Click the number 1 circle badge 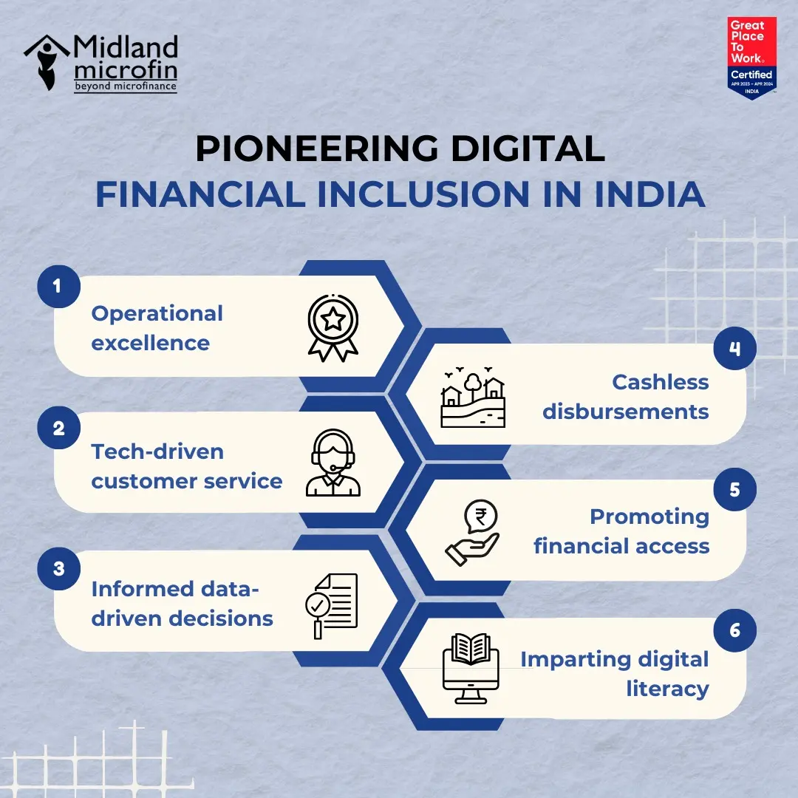[58, 286]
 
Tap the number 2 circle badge [58, 429]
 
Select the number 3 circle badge [58, 569]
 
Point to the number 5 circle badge [734, 489]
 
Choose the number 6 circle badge [734, 630]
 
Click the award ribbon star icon [333, 327]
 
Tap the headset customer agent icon [333, 463]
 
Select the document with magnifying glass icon [332, 604]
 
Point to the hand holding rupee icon [472, 533]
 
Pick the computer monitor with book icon [471, 669]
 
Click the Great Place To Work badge [751, 58]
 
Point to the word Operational [157, 313]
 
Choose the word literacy [667, 689]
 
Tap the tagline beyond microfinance [126, 87]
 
